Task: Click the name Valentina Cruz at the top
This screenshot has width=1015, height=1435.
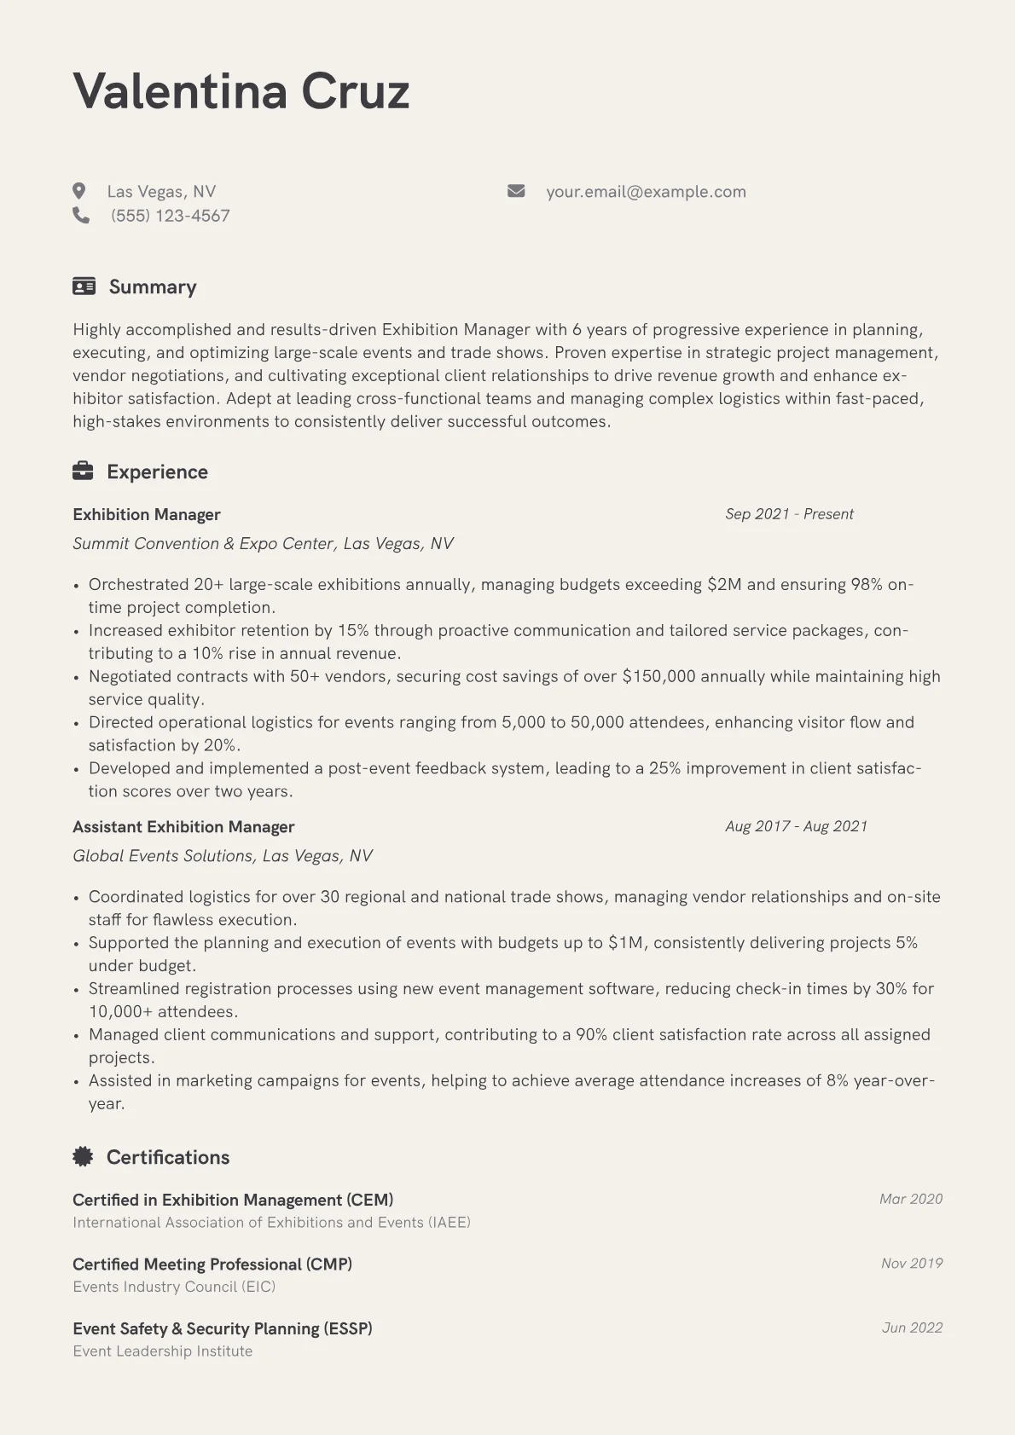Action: (x=241, y=91)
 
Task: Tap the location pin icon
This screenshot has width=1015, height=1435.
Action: (x=79, y=191)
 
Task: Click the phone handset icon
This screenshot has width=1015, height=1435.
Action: (x=81, y=216)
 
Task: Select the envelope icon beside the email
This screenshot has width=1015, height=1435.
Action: (x=516, y=191)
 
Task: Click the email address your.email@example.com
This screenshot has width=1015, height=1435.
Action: (x=646, y=192)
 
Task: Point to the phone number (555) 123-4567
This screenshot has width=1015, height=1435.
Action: (x=171, y=216)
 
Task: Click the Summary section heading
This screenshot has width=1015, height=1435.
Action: (x=153, y=287)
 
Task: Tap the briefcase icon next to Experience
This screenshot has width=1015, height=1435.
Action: (x=83, y=471)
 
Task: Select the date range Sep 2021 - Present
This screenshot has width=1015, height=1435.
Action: (x=789, y=514)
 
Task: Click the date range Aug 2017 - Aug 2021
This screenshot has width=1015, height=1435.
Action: (x=796, y=826)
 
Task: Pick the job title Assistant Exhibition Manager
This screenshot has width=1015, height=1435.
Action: (x=183, y=827)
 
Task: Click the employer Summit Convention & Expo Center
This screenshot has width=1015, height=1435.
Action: (x=205, y=544)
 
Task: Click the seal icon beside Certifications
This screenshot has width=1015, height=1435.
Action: (x=83, y=1156)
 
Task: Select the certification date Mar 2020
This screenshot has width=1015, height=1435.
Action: (x=910, y=1199)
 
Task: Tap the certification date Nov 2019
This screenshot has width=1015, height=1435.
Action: (x=911, y=1264)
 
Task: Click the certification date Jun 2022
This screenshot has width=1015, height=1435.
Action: (x=912, y=1328)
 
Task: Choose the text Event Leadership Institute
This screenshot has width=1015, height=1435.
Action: (x=163, y=1351)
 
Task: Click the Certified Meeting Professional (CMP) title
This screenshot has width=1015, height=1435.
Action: (x=212, y=1264)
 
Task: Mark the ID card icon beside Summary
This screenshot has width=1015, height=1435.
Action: (x=84, y=286)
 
